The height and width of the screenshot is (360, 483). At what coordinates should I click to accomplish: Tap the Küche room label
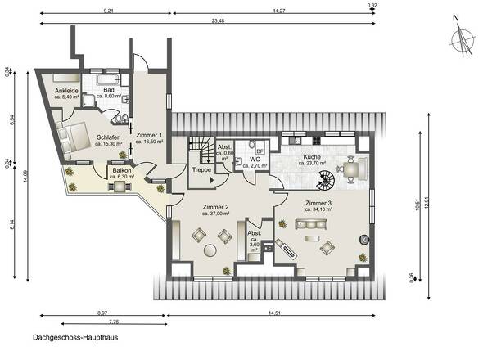click(x=311, y=155)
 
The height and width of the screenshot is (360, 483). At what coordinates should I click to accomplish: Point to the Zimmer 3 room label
click(x=318, y=202)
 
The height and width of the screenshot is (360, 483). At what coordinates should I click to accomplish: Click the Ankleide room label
click(x=66, y=91)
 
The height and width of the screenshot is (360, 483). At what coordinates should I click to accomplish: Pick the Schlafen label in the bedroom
click(x=109, y=138)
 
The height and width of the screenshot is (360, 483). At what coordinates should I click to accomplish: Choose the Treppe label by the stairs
click(x=201, y=169)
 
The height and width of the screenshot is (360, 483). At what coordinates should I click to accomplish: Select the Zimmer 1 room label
click(x=149, y=136)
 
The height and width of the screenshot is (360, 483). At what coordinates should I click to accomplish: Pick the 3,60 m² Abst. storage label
click(x=254, y=239)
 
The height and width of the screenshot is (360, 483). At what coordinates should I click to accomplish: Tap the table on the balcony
click(x=119, y=187)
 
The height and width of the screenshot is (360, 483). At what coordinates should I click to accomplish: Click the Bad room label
click(x=108, y=91)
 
